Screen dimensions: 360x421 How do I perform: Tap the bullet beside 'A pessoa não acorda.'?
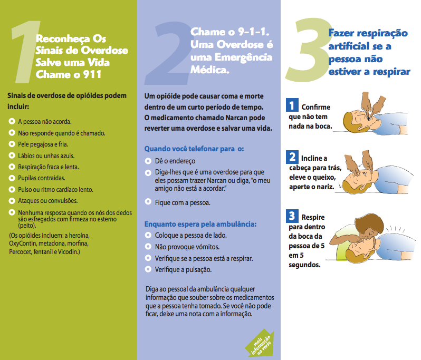click(12, 121)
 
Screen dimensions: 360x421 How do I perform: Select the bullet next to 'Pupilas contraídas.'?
click(12, 178)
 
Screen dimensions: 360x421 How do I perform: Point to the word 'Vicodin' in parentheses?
click(67, 252)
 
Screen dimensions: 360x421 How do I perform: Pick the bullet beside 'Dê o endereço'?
click(148, 161)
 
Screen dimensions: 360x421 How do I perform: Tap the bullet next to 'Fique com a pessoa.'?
click(148, 202)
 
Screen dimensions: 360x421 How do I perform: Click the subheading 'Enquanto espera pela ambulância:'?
click(200, 224)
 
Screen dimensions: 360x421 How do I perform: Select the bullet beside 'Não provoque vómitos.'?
click(148, 247)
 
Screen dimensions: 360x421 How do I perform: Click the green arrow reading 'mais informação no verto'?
click(259, 343)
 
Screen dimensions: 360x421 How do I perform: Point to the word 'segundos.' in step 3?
click(304, 265)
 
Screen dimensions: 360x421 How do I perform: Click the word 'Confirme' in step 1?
click(316, 106)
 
